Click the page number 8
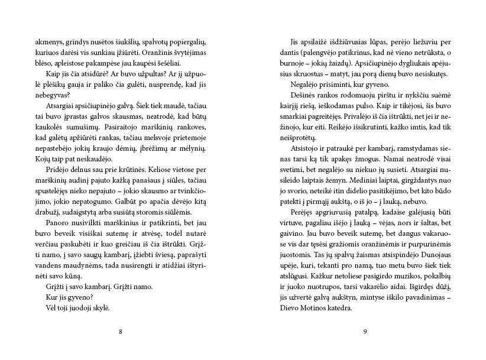point(121,330)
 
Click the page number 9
point(365,330)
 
